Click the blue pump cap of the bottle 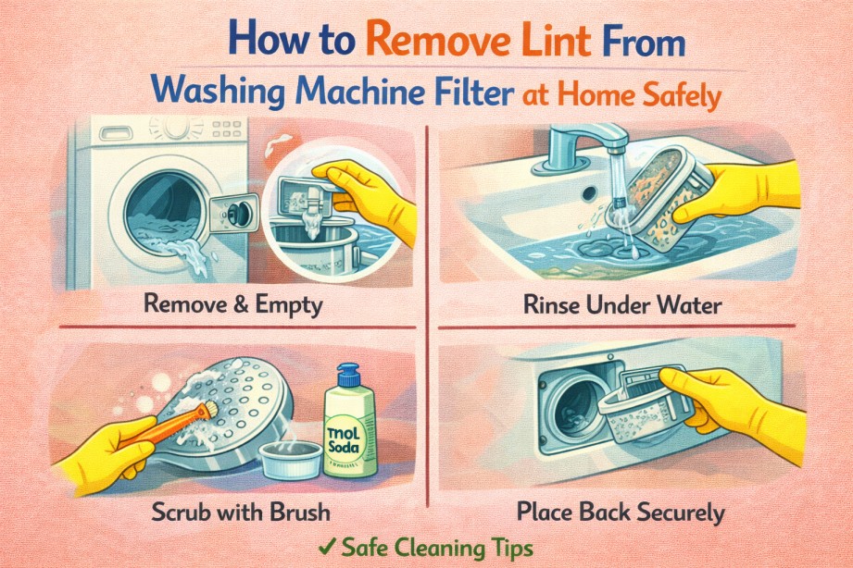[347, 375]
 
